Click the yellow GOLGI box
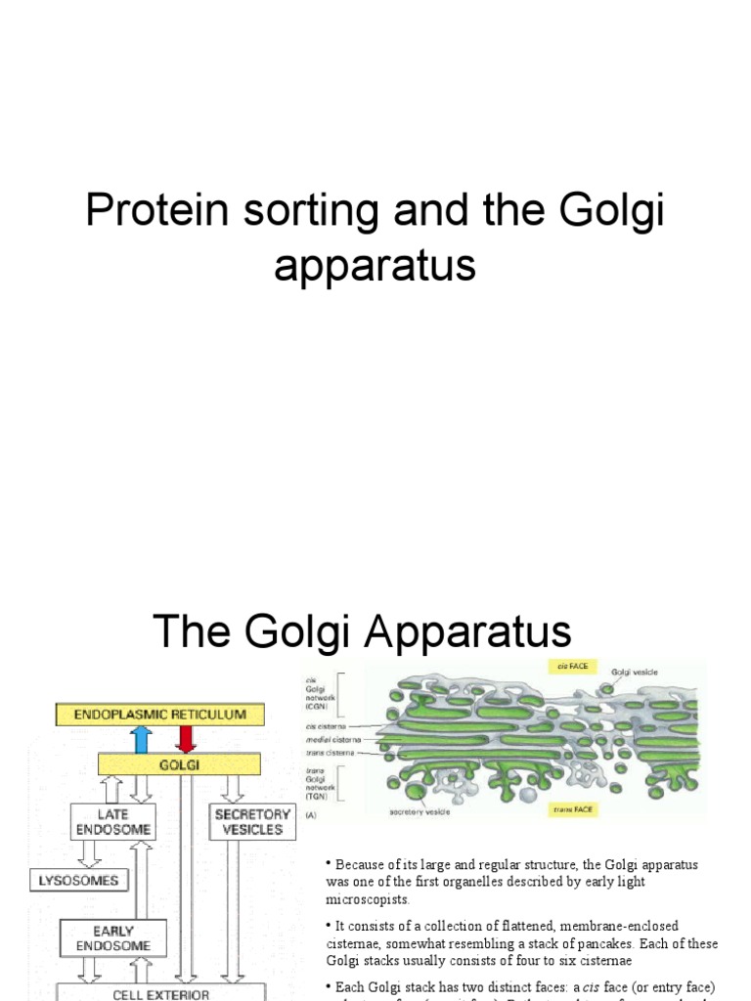pyautogui.click(x=178, y=764)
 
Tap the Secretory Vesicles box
pyautogui.click(x=252, y=821)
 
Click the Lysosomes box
pyautogui.click(x=78, y=880)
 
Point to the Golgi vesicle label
pyautogui.click(x=636, y=674)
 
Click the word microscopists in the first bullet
pyautogui.click(x=369, y=899)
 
